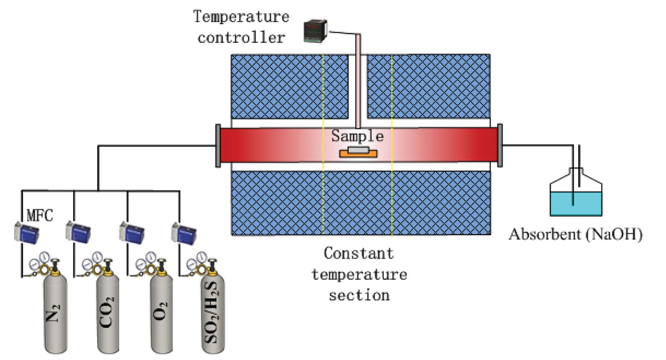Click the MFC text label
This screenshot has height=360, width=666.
[x=40, y=215]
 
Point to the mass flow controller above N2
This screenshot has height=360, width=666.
[x=27, y=231]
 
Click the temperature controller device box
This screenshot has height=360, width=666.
[x=315, y=31]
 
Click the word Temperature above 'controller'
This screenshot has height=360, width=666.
[x=241, y=17]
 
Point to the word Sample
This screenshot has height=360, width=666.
[x=357, y=136]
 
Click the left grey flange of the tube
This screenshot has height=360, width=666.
[x=218, y=146]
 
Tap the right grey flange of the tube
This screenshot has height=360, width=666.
[x=500, y=146]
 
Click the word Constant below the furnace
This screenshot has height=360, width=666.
[x=358, y=254]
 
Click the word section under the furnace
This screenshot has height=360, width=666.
[x=359, y=295]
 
